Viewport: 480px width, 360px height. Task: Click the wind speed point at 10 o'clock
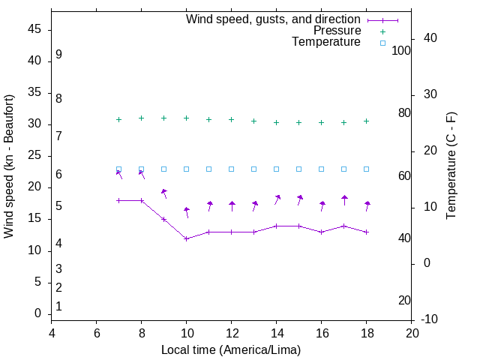186,238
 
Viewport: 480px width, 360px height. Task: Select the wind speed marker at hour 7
118,200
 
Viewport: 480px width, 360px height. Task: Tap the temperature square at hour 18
367,169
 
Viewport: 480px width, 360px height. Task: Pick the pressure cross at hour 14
277,122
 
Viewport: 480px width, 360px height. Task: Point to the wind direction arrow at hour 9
164,193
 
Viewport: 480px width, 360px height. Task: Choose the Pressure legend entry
337,31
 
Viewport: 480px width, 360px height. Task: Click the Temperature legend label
326,42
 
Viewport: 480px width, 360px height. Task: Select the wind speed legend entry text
273,19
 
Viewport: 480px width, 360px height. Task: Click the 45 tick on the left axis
34,29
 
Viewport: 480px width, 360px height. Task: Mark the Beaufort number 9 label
58,55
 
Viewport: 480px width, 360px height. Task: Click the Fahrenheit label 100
401,50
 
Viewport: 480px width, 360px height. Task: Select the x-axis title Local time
231,349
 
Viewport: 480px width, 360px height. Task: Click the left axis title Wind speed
9,166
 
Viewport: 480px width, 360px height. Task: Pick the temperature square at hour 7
118,169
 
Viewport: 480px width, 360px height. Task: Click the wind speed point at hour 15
299,226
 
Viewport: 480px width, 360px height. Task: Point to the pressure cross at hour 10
186,118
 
